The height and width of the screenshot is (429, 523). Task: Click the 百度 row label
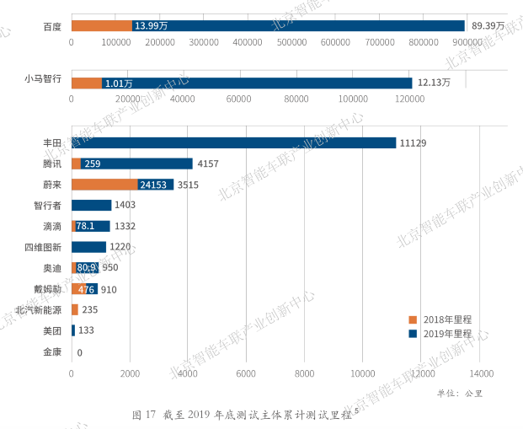[x=52, y=26]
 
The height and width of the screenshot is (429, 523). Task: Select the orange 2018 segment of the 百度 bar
[x=101, y=26]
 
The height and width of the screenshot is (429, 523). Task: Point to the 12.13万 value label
[x=434, y=83]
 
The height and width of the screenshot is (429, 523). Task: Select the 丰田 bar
[x=233, y=143]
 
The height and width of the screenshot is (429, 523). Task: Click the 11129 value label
[x=414, y=143]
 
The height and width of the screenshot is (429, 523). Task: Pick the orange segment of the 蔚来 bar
[x=104, y=185]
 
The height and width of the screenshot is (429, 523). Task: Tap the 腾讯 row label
[x=52, y=164]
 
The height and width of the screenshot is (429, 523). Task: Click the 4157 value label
[x=208, y=164]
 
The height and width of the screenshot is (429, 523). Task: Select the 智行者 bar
[x=91, y=205]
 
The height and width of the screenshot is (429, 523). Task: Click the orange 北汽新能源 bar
[x=75, y=309]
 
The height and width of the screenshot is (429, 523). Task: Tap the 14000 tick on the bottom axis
[x=480, y=373]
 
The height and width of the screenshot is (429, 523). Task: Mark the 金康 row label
[x=52, y=351]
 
